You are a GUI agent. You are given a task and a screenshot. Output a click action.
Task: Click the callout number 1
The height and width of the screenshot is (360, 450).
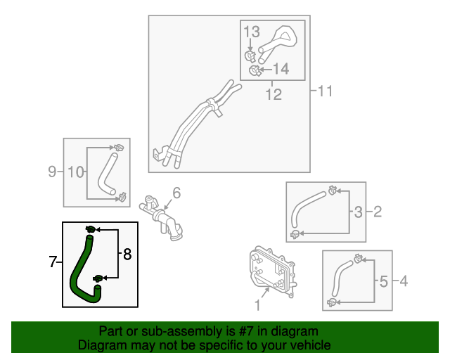[257, 305]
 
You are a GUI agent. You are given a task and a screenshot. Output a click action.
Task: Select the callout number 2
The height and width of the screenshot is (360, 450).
[377, 211]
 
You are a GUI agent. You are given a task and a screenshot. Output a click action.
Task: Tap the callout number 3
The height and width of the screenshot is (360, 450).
[358, 211]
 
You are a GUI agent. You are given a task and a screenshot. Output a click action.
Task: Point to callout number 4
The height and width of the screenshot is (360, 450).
[403, 282]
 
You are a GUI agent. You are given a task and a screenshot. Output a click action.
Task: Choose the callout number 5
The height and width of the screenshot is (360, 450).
[383, 282]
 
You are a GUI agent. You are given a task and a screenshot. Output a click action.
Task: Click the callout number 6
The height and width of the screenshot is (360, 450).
[176, 192]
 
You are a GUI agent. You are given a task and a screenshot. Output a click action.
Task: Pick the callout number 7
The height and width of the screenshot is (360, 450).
[53, 262]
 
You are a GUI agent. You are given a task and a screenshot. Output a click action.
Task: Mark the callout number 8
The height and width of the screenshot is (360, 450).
[127, 255]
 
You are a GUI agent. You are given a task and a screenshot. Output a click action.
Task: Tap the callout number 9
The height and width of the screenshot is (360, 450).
[52, 171]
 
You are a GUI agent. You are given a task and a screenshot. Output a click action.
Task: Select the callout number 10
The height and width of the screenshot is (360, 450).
[75, 171]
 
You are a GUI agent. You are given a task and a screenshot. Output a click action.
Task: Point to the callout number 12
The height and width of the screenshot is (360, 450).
[273, 94]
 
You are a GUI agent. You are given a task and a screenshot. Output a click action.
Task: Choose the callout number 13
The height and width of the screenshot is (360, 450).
[252, 32]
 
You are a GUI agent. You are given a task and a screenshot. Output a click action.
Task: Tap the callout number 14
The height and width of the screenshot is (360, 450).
[281, 69]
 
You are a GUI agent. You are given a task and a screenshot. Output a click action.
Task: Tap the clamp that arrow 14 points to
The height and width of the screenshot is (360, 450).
[257, 69]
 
